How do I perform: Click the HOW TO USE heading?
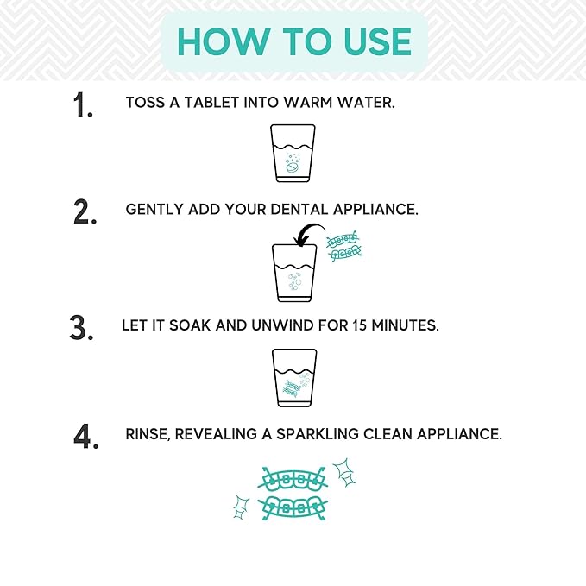[x=293, y=41]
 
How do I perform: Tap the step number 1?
[x=83, y=105]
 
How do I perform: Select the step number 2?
[x=85, y=211]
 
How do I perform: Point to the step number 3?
[x=80, y=329]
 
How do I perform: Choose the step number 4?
[x=83, y=436]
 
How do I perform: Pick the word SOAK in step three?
[x=184, y=327]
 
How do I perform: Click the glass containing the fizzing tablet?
[x=293, y=153]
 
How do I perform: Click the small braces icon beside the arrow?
[x=344, y=246]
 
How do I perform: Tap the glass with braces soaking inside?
[x=293, y=377]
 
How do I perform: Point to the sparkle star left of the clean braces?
[x=241, y=507]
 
